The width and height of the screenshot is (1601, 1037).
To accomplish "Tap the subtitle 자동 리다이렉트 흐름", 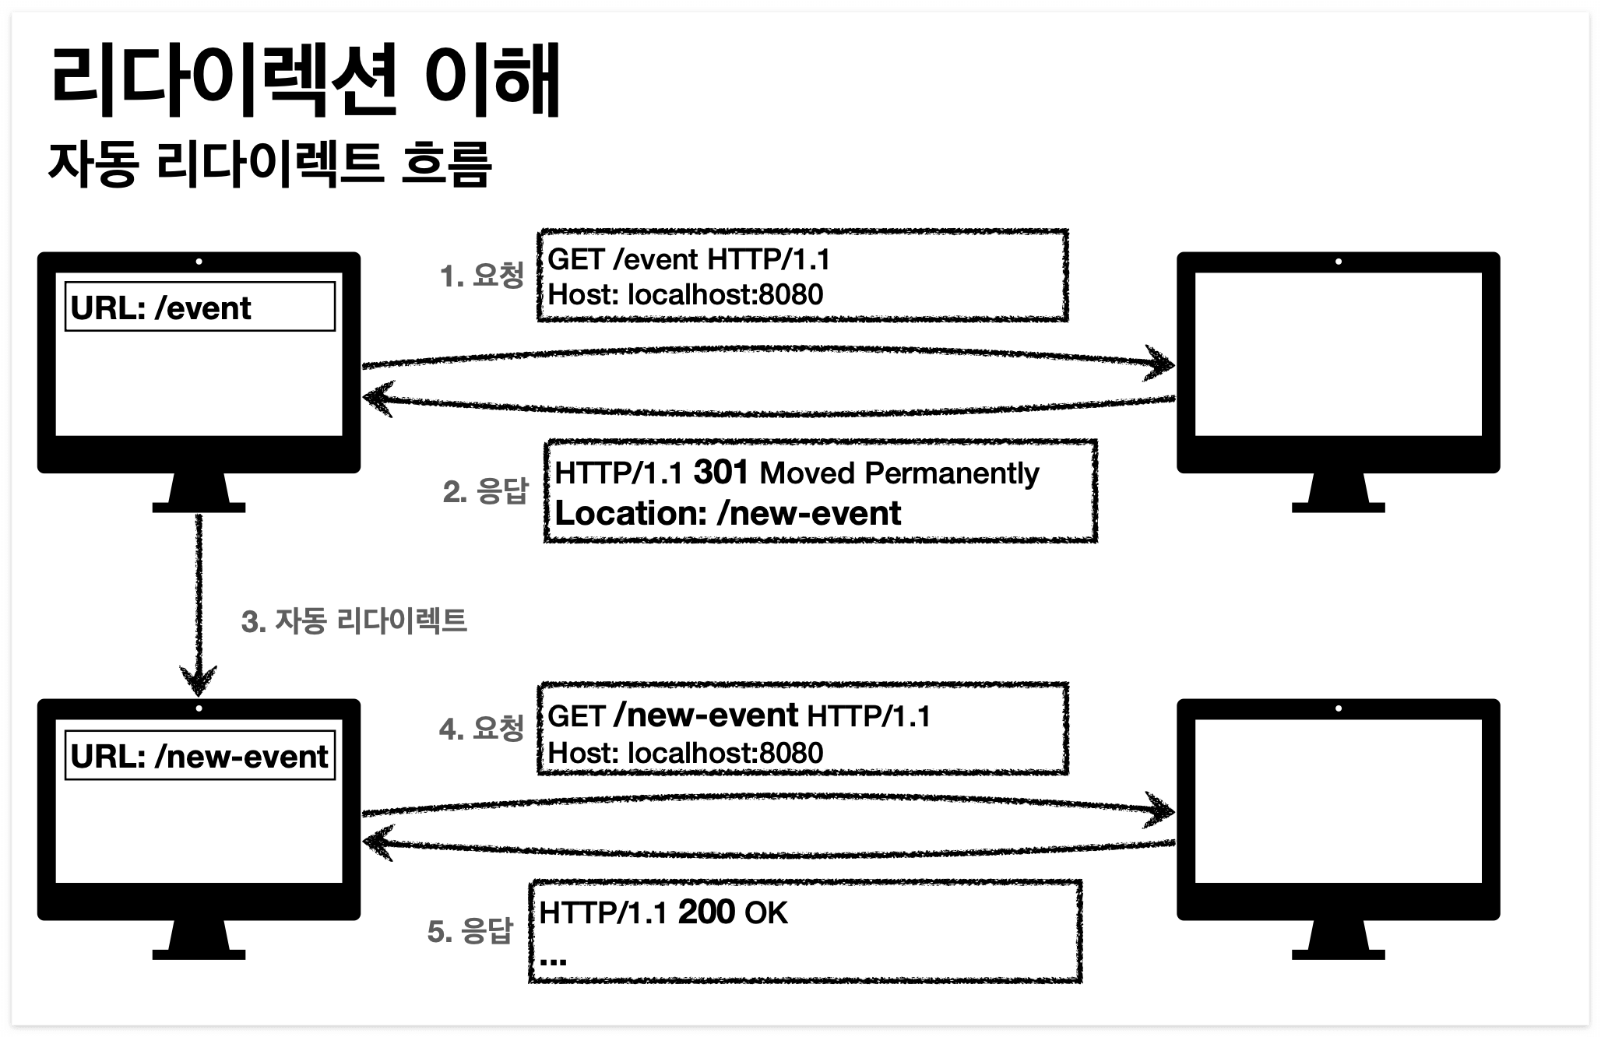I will (269, 164).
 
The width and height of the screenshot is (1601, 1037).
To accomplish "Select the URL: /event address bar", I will (200, 308).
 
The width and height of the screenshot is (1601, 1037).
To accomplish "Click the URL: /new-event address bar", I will (200, 755).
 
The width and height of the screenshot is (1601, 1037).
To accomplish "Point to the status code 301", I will (721, 472).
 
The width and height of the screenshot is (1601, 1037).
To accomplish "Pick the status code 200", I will (706, 912).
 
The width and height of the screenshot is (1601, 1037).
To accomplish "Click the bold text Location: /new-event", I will (727, 514).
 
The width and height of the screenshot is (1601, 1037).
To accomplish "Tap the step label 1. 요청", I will (482, 276).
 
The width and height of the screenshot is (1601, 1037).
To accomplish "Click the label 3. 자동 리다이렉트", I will (354, 621).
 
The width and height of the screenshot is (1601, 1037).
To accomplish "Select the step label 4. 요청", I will (481, 729).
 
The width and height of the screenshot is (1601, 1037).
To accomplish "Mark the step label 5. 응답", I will (470, 931).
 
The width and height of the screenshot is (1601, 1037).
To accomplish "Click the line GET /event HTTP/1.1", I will (689, 259).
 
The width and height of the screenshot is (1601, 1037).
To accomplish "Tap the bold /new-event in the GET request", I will (705, 715).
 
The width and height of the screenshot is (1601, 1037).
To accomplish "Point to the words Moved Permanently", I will (899, 473).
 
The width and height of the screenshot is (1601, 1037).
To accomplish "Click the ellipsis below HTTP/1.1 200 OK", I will (553, 960).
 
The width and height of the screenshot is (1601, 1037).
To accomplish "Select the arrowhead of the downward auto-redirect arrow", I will (199, 680).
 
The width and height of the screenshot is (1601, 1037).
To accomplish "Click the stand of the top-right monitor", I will (1338, 493).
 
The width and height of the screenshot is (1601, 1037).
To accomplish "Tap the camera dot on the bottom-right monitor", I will (1338, 708).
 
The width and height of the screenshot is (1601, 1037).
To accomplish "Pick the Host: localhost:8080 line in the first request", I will (685, 295).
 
